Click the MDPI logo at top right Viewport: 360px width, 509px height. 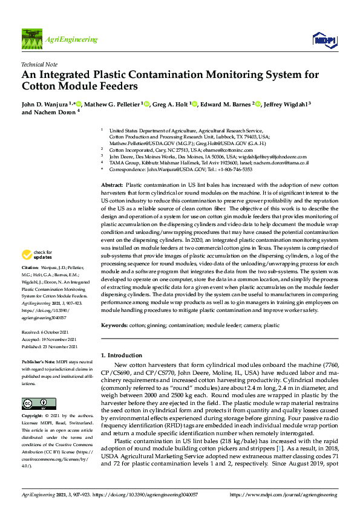coord(324,39)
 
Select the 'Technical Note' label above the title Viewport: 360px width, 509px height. coord(39,64)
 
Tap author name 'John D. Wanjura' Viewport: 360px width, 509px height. coord(44,103)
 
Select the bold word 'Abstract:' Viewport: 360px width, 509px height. coord(112,185)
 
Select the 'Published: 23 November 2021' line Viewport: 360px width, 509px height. coord(50,347)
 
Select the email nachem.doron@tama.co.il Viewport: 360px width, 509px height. coord(281,163)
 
